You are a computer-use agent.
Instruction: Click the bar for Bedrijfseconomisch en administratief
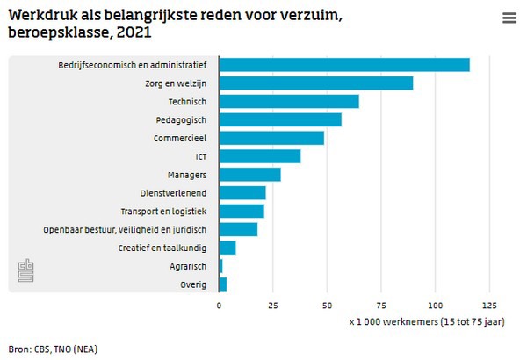point(344,65)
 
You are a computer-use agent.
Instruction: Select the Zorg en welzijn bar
point(316,83)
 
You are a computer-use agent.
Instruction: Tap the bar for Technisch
point(289,102)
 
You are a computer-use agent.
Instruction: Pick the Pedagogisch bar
point(280,119)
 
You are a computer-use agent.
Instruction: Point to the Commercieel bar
point(271,138)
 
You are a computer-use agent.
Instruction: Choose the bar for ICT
point(260,156)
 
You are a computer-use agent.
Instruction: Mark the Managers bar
point(250,175)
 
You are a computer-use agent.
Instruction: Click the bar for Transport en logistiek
point(242,212)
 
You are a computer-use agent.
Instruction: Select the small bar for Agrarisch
point(221,266)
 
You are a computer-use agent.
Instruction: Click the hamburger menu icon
point(509,18)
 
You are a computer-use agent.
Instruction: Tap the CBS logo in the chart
point(25,271)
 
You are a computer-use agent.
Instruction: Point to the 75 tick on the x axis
point(381,306)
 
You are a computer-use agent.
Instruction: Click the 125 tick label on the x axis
point(489,306)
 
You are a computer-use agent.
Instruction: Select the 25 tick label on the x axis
point(273,306)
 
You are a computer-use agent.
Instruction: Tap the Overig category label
point(193,284)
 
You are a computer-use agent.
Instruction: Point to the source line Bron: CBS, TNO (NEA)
point(53,349)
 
